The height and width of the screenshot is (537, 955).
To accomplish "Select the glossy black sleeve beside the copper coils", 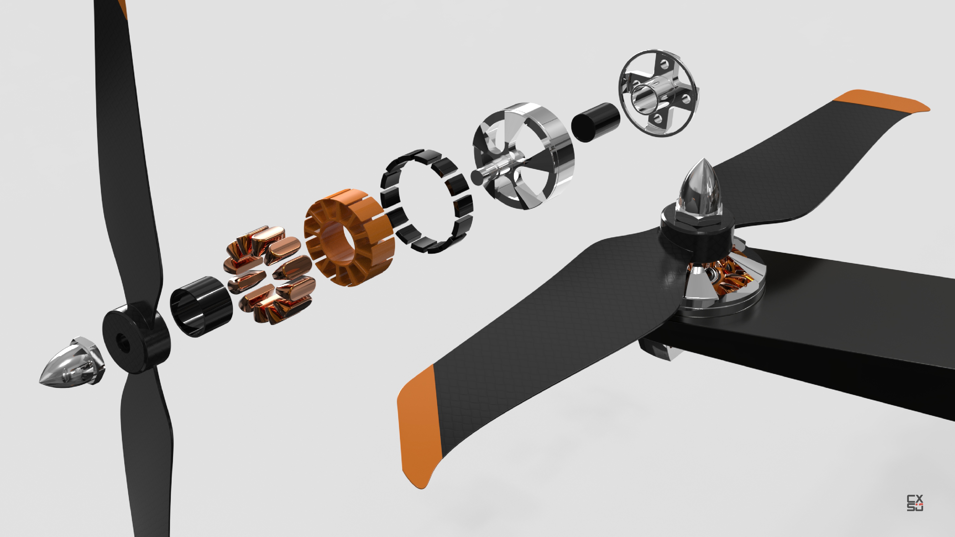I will point(201,306).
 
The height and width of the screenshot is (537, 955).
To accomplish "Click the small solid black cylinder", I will point(595,122).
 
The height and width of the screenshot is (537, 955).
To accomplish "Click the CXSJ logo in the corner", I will point(915,503).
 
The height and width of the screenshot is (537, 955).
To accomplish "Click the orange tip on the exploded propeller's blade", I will point(124,7).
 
